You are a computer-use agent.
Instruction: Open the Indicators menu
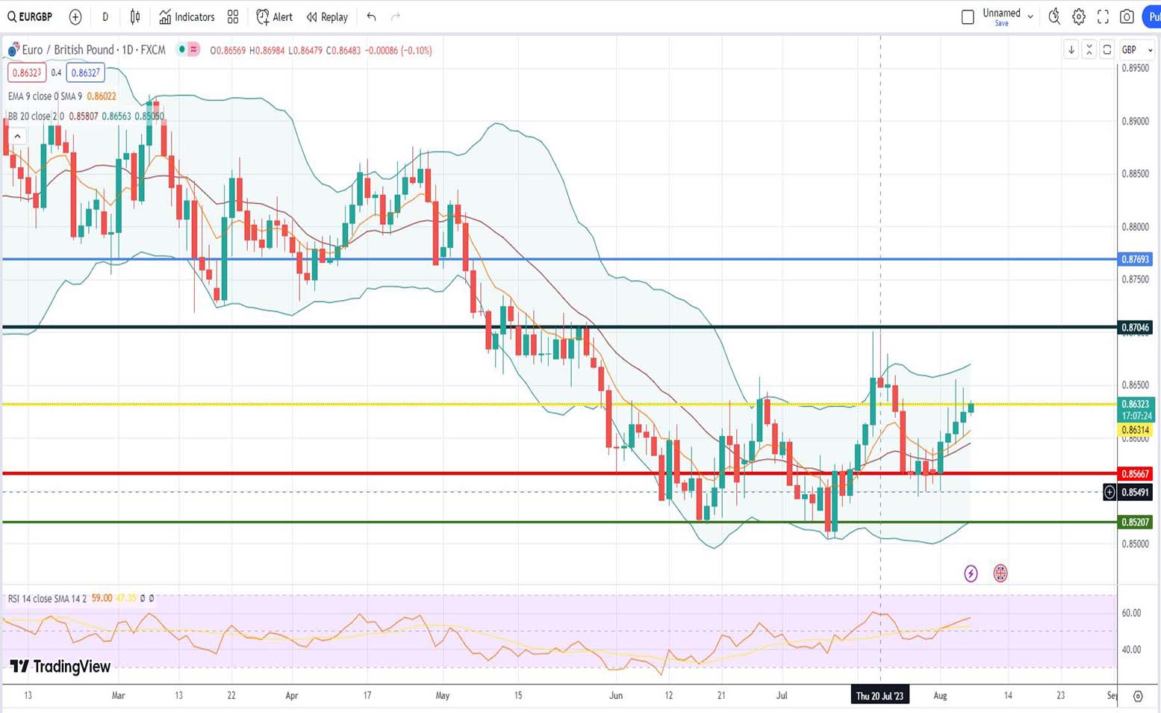click(187, 16)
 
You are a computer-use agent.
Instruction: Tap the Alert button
click(275, 16)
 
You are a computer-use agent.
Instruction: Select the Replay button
click(327, 16)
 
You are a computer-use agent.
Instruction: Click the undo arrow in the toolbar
click(371, 16)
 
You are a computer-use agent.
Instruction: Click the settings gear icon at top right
click(1078, 16)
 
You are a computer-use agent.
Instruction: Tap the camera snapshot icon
click(1127, 16)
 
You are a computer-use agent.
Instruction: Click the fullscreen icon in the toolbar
click(1103, 16)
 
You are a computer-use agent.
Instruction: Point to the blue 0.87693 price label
click(1135, 259)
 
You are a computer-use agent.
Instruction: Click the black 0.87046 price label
click(1135, 327)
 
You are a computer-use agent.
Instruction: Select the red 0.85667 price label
click(1135, 473)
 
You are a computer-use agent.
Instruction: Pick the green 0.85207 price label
click(1135, 522)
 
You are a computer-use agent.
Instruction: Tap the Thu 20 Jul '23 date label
click(880, 696)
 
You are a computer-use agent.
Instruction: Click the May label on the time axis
click(443, 696)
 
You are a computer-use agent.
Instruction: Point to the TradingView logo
click(60, 666)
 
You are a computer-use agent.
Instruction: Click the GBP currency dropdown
click(1136, 50)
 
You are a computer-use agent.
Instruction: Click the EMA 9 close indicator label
click(45, 96)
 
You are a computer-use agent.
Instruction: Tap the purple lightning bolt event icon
click(971, 573)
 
